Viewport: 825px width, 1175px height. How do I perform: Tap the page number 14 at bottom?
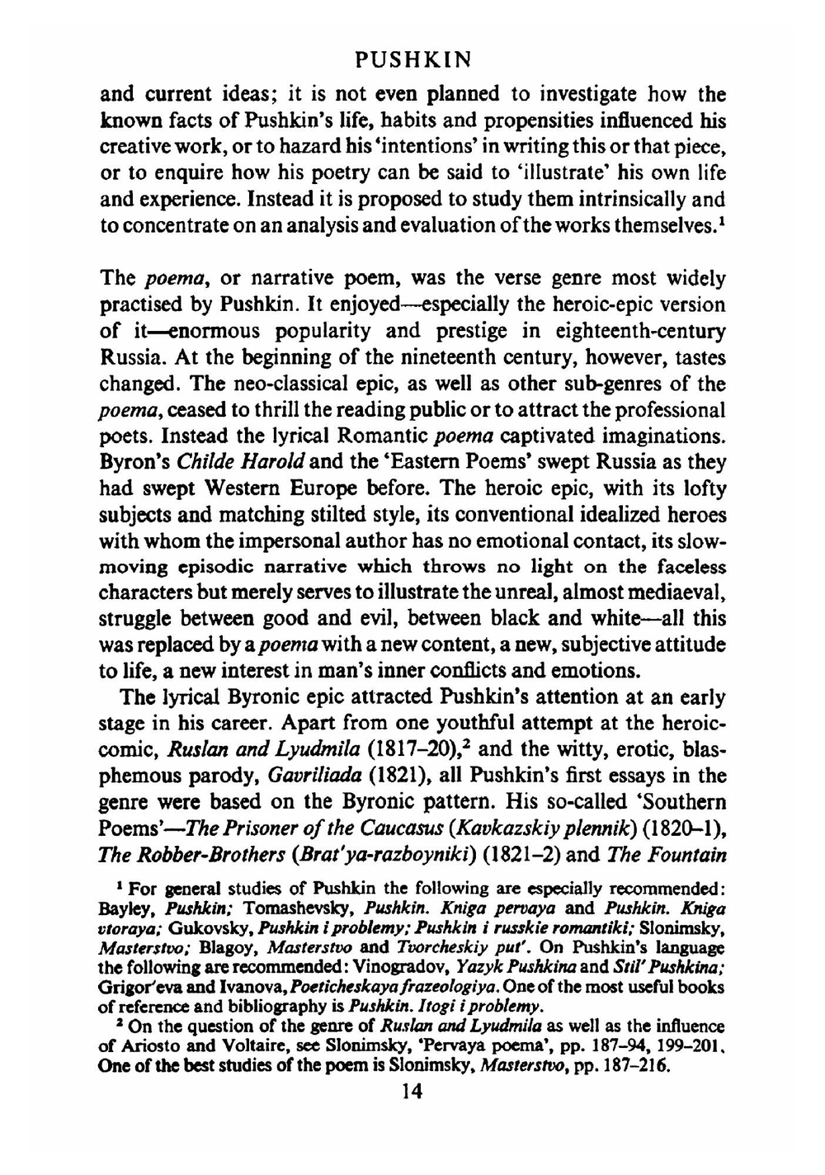tap(410, 1092)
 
